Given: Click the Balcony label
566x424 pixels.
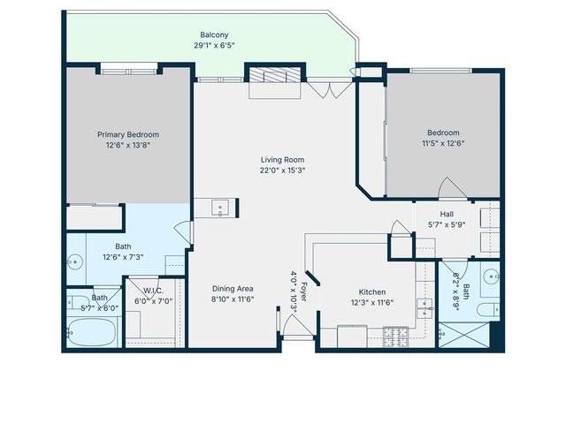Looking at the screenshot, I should tap(214, 34).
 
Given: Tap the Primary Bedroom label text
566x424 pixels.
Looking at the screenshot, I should tap(128, 134).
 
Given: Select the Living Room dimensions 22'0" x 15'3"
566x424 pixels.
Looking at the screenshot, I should tap(282, 170).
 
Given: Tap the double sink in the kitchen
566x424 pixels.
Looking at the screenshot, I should tap(425, 307).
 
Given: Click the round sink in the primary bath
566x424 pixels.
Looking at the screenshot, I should tap(75, 262).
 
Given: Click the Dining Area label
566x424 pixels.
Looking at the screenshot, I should tap(233, 289).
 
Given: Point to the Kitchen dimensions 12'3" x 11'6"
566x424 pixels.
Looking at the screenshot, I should tap(371, 303).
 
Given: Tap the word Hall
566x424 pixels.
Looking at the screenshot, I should tap(446, 213).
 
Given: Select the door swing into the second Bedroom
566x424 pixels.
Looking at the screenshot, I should tap(450, 188).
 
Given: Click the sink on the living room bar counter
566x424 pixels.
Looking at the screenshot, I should tap(220, 208).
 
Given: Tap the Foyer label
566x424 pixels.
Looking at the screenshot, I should tap(304, 291).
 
